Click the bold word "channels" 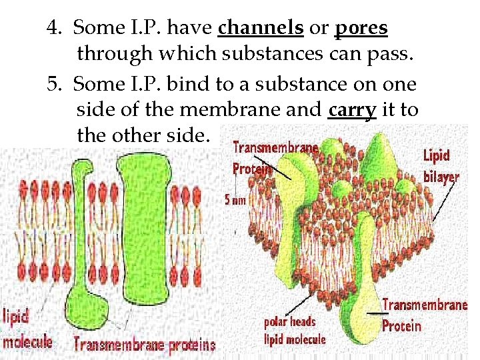(x=261, y=28)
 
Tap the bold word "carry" (x=353, y=109)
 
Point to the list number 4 (x=53, y=28)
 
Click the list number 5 (x=53, y=84)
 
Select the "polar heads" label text (x=290, y=322)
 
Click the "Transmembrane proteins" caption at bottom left (x=145, y=345)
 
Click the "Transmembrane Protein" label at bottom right (x=424, y=315)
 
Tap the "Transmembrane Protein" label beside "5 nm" (x=275, y=158)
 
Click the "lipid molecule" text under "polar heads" (x=295, y=339)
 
